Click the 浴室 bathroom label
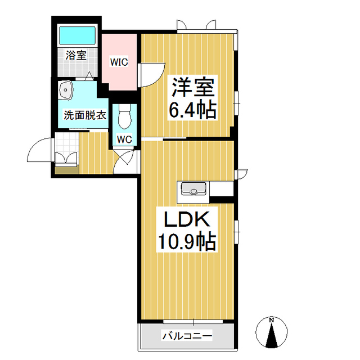pyautogui.click(x=76, y=55)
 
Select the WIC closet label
pyautogui.click(x=119, y=62)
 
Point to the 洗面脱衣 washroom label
pyautogui.click(x=84, y=116)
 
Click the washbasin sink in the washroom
pyautogui.click(x=67, y=89)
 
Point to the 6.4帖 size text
pyautogui.click(x=193, y=110)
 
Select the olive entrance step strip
pyautogui.click(x=66, y=170)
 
